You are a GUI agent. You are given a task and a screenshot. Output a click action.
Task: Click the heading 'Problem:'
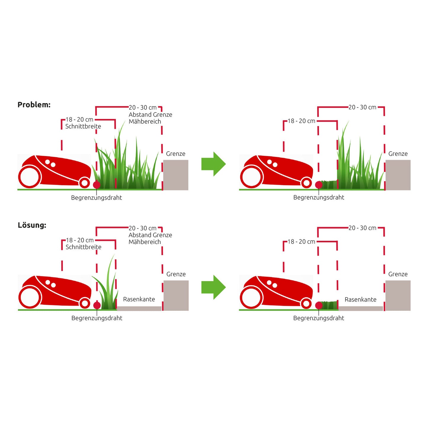tap(34, 105)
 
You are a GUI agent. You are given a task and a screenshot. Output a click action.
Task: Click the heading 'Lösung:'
tap(32, 225)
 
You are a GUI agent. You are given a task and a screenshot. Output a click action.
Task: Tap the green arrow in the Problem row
tap(214, 164)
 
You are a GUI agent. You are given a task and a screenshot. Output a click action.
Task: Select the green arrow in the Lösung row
tap(214, 287)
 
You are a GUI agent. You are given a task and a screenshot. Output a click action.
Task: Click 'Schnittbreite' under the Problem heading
tap(83, 126)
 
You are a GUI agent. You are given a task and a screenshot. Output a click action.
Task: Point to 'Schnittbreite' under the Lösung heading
tap(84, 247)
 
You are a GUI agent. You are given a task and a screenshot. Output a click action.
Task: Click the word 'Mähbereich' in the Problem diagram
tap(145, 121)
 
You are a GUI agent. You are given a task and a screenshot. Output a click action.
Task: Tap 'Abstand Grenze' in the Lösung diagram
tap(150, 235)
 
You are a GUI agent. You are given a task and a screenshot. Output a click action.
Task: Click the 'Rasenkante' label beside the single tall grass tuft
tap(139, 299)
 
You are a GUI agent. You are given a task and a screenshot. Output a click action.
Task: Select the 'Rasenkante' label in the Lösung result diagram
tap(360, 299)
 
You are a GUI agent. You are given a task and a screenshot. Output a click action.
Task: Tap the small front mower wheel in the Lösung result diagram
tap(306, 304)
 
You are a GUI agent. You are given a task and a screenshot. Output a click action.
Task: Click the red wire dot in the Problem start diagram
tap(97, 185)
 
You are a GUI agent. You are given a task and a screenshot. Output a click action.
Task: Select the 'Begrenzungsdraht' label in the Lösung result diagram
tap(319, 318)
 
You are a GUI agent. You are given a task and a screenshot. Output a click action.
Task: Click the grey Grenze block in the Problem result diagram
tap(398, 175)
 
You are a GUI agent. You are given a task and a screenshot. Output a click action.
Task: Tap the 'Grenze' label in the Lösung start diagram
tap(176, 274)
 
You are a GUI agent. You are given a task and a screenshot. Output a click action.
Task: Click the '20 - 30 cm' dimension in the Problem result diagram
tap(362, 108)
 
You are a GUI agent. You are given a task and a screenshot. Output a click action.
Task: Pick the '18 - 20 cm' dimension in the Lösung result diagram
tap(301, 242)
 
